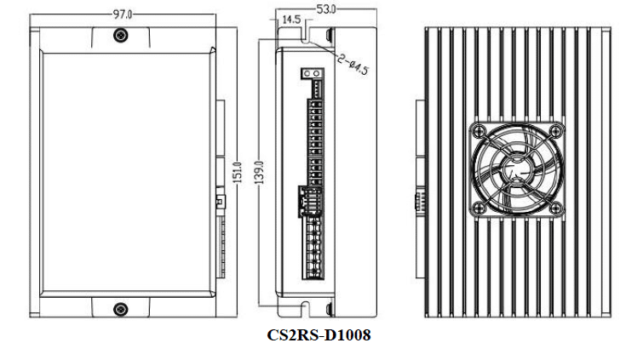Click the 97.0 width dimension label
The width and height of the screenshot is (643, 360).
coord(123,14)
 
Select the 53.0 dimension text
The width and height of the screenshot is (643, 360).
coord(326,9)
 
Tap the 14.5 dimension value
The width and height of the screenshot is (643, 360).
coord(291,20)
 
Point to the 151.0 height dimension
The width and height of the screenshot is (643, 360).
coord(238,172)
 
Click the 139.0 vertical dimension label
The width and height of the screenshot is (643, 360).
coord(259,172)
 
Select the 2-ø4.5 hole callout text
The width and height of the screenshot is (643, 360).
coord(353,65)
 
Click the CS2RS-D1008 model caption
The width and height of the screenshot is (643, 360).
coord(319,335)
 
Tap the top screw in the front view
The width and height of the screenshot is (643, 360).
coord(121,35)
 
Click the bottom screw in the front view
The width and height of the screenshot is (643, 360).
coord(121,309)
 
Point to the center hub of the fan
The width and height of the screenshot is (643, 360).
coord(517,169)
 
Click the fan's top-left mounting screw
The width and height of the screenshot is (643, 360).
coord(478,131)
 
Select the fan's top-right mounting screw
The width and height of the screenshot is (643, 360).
coord(555,131)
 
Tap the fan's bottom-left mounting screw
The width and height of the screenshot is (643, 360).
coord(478,208)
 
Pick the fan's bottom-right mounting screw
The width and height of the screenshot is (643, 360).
coord(555,208)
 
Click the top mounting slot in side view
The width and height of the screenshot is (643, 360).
coord(306,34)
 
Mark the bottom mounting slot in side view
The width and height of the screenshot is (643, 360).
coord(306,310)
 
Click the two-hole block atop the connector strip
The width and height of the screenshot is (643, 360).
coord(312,73)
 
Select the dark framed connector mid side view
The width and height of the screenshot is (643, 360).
coord(310,202)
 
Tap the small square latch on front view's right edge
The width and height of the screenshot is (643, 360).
coord(221,202)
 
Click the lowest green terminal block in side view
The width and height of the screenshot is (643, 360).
coord(313,249)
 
